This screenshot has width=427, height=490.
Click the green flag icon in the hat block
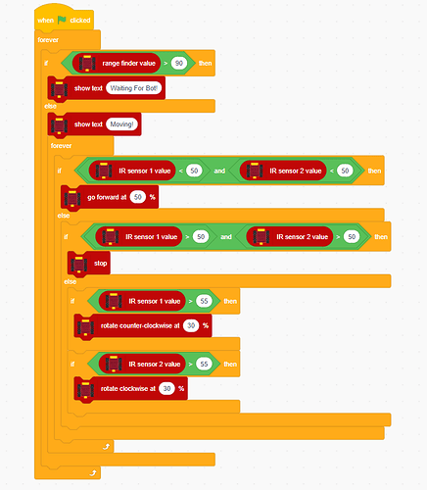click(x=62, y=21)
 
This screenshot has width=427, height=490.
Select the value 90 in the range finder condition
click(x=179, y=63)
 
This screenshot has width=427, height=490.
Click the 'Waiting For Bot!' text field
click(x=134, y=88)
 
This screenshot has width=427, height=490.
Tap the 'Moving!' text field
click(x=121, y=124)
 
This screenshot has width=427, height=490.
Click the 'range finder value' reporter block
click(x=117, y=63)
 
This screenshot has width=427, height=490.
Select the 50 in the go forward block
click(x=138, y=197)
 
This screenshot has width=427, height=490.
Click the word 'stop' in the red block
click(x=100, y=263)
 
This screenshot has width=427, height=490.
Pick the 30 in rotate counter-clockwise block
click(x=191, y=325)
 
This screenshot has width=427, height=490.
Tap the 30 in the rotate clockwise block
click(x=166, y=388)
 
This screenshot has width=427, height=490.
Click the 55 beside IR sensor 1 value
click(x=204, y=301)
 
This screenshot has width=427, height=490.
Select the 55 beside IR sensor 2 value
click(x=204, y=364)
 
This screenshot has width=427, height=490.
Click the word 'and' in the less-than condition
click(x=219, y=171)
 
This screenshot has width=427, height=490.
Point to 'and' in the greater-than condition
click(x=226, y=236)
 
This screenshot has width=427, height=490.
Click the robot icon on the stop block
click(x=78, y=263)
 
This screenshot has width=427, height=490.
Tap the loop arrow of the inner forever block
click(x=106, y=446)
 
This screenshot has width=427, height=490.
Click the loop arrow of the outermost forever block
click(x=93, y=472)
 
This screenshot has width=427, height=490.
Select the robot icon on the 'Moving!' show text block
click(x=59, y=124)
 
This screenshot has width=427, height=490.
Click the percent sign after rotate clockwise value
click(x=181, y=388)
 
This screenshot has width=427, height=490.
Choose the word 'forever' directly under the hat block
click(x=48, y=40)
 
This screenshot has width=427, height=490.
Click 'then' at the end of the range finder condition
click(x=205, y=63)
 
